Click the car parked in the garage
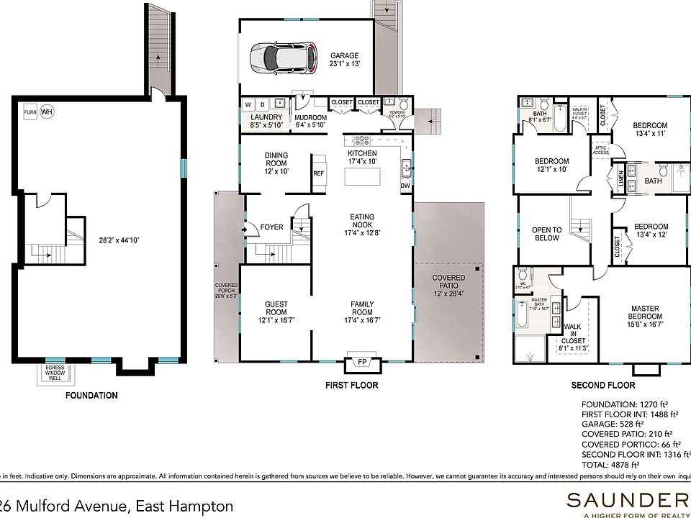coord(283,58)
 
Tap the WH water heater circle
coord(47,112)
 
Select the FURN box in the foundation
coord(30,112)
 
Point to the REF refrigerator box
coord(318,173)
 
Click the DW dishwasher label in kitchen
coord(405,186)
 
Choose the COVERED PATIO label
coord(448,282)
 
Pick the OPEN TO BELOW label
coord(546,235)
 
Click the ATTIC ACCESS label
coord(600,150)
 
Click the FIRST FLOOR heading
coord(351,386)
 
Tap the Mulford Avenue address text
coord(115,506)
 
